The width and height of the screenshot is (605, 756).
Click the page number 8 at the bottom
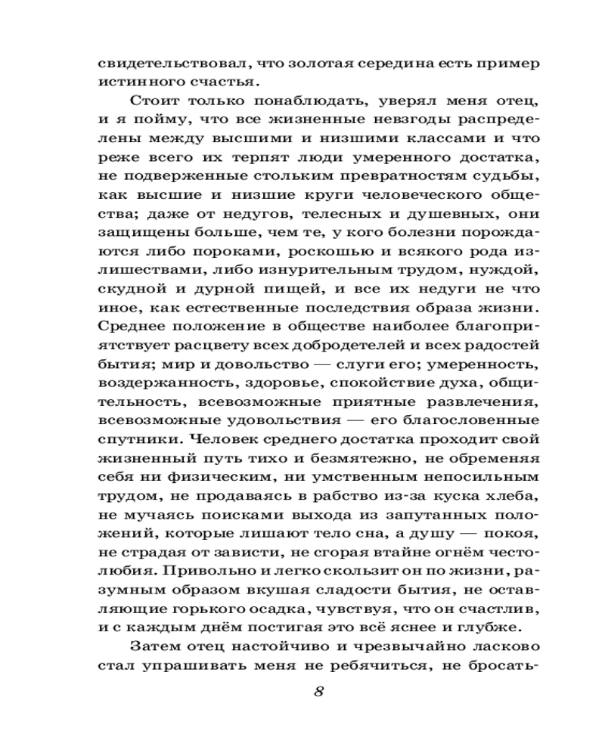point(318,692)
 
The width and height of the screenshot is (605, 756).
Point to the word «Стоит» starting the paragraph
point(153,101)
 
